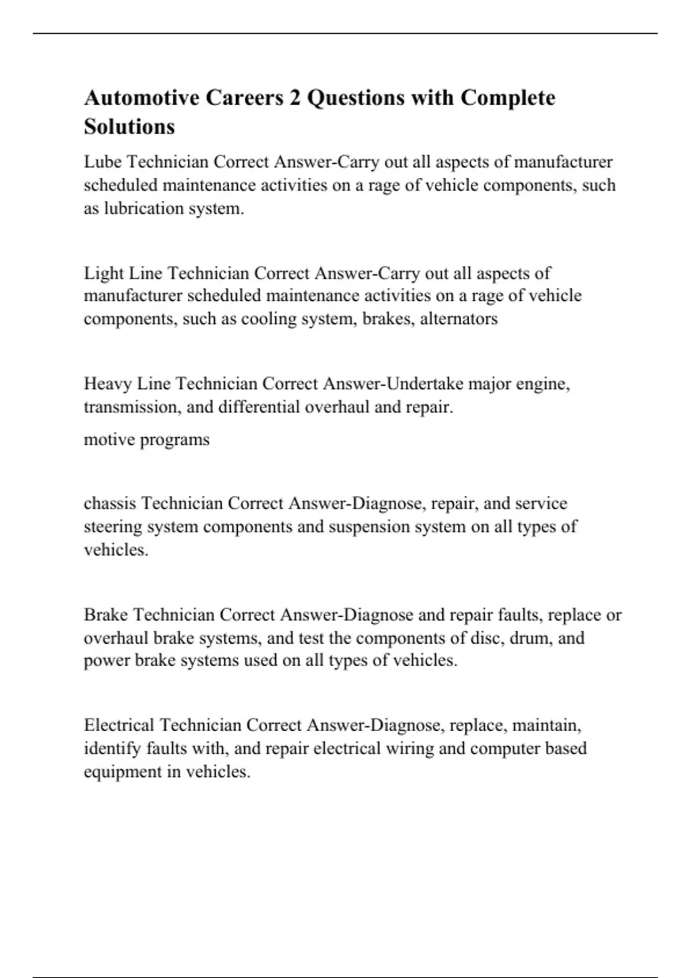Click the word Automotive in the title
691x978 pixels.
[142, 98]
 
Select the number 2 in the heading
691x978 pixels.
[295, 98]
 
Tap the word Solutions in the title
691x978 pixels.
[129, 127]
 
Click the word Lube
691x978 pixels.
[102, 162]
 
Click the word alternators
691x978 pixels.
[459, 319]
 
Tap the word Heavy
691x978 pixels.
[108, 384]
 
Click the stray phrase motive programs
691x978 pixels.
[146, 440]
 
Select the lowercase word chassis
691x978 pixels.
[110, 503]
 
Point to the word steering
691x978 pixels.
[112, 527]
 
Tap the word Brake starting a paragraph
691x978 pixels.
[106, 615]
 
